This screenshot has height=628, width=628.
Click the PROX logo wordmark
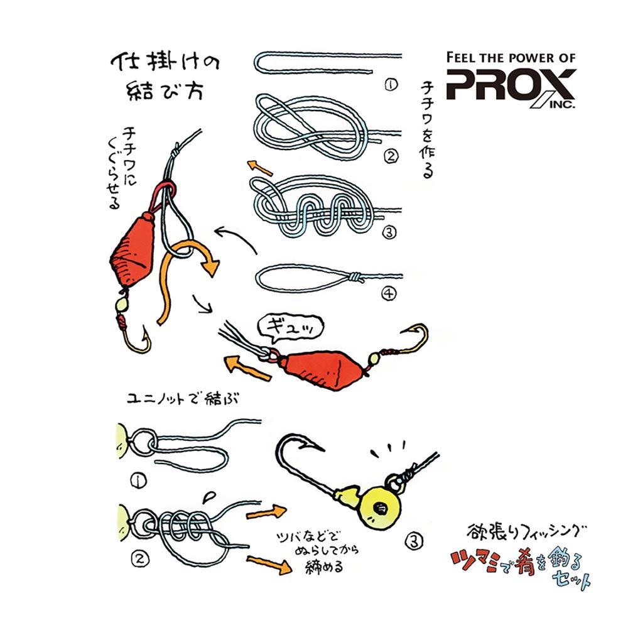510,85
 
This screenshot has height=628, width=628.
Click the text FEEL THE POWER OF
510,57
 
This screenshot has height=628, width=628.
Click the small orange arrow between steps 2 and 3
259,166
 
